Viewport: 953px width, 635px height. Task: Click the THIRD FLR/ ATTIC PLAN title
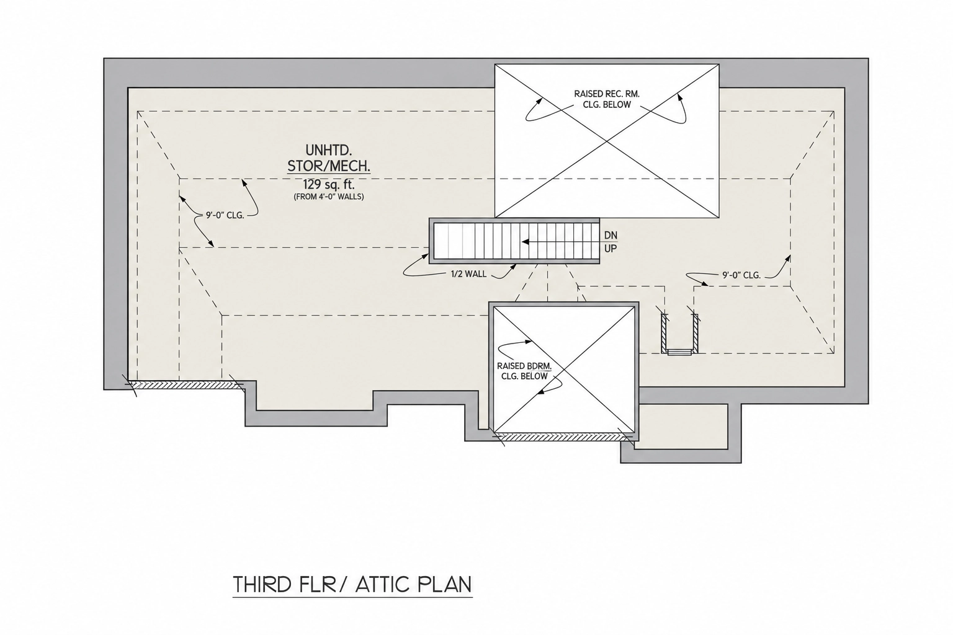(352, 584)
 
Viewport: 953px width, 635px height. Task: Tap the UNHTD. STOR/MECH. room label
(329, 158)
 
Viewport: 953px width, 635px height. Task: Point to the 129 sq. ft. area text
(329, 185)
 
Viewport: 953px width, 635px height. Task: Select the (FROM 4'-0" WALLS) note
(329, 197)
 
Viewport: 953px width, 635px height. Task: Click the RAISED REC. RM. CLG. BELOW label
(607, 99)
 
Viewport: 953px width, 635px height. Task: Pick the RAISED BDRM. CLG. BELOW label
(524, 371)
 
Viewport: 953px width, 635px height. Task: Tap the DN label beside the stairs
(611, 235)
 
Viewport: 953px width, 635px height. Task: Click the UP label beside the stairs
(611, 249)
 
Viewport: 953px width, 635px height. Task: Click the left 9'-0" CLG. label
(225, 215)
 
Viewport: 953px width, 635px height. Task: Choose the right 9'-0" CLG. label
(741, 275)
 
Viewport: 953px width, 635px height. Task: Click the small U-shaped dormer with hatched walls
(679, 334)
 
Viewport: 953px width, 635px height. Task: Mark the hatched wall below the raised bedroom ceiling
(564, 437)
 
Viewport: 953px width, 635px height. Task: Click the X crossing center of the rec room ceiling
(607, 141)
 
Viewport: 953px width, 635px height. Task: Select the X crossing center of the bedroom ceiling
(563, 369)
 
